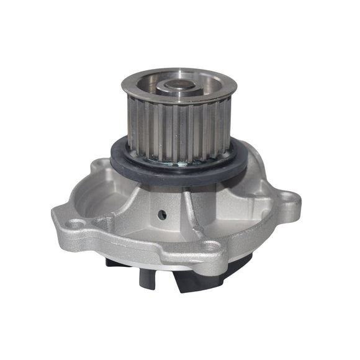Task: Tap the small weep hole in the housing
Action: (x=162, y=214)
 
